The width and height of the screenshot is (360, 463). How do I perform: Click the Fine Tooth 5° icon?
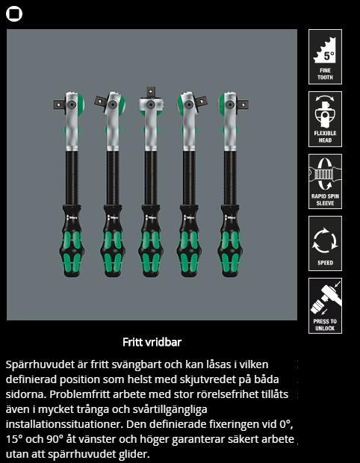325,57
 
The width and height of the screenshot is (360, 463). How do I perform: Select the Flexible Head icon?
325,119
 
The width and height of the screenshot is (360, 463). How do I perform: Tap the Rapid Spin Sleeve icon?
325,181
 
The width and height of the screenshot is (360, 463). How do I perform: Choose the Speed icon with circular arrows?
325,243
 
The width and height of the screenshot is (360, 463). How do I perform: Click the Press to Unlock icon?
325,305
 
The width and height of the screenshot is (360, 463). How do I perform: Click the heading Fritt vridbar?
152,342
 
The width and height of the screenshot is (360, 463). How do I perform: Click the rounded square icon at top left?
14,14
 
